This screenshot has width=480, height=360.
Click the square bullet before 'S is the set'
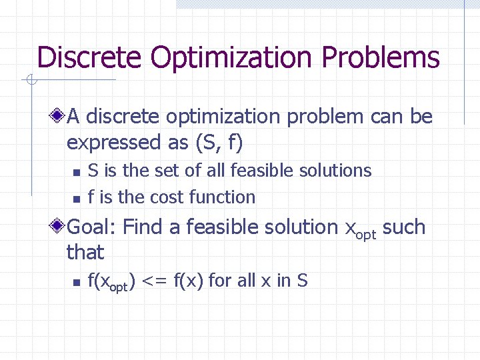point(77,172)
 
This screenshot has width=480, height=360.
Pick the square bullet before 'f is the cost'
point(77,199)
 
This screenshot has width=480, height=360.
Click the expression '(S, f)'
point(223,142)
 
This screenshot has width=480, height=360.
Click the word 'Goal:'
point(93,227)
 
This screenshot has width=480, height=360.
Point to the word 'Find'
point(144,227)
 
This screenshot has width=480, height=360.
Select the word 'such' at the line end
point(404,227)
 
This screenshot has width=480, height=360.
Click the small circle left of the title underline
point(30,81)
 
